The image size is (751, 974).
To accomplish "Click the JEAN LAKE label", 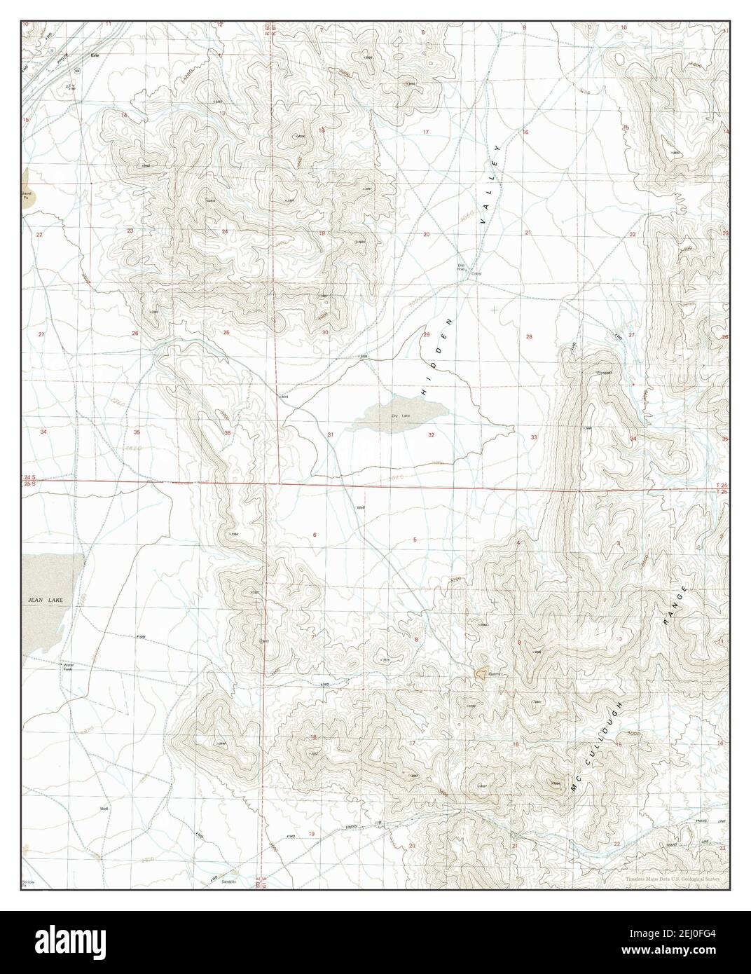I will (43, 601).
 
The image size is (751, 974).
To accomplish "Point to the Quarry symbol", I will (481, 673).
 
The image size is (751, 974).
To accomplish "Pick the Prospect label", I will (604, 373).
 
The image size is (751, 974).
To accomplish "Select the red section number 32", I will (431, 435).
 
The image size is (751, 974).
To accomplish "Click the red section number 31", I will (330, 435).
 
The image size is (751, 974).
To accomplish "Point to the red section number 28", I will (529, 336).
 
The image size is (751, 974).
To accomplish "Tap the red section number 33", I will (534, 438).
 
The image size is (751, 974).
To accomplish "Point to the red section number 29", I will (427, 336).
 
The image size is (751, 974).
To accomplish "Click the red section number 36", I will (228, 433).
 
